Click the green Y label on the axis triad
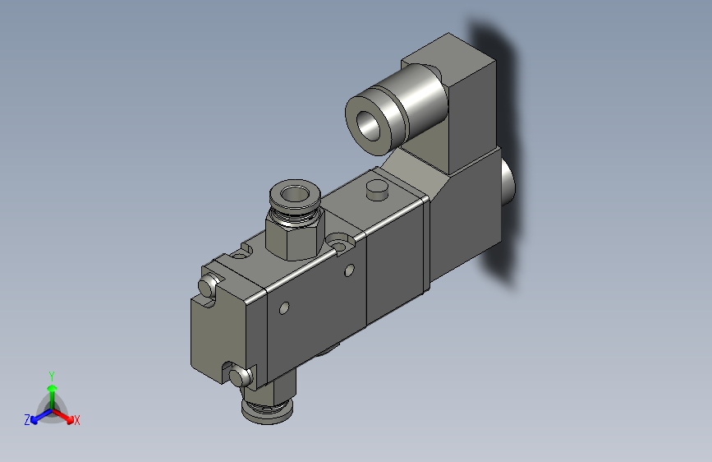[52, 375]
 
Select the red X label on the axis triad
[77, 420]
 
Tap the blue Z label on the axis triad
[27, 419]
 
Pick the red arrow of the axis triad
[66, 414]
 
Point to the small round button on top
[376, 189]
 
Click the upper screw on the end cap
[209, 286]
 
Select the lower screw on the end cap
[240, 377]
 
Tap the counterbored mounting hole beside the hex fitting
[340, 243]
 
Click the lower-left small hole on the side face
[284, 309]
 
